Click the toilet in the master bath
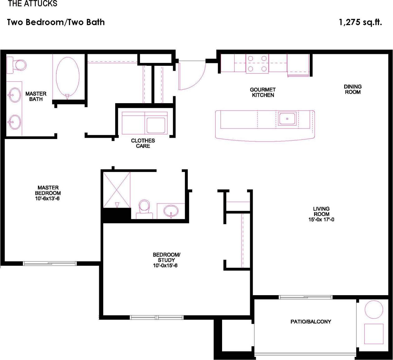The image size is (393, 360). pos(17,65)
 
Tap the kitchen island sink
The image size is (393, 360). pos(287,118)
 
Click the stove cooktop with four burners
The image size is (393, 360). pos(257,64)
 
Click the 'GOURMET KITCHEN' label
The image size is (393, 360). pos(263,92)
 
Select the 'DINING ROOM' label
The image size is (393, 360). pos(353,89)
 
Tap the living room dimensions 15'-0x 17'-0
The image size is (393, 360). pos(321,219)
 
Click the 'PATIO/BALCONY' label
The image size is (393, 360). pos(311,321)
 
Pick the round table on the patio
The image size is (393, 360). pos(374,310)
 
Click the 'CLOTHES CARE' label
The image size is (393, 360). pos(143,143)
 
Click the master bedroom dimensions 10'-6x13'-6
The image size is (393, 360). pos(47,198)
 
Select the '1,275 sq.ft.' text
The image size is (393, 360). pos(360,22)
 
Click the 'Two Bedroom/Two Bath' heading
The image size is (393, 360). pos(56,22)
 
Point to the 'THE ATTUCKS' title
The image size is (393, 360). pos(32,4)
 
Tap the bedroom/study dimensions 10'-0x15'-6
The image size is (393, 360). pos(165,266)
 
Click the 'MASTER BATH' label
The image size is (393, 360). pos(36,96)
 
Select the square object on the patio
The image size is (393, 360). pos(373,334)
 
